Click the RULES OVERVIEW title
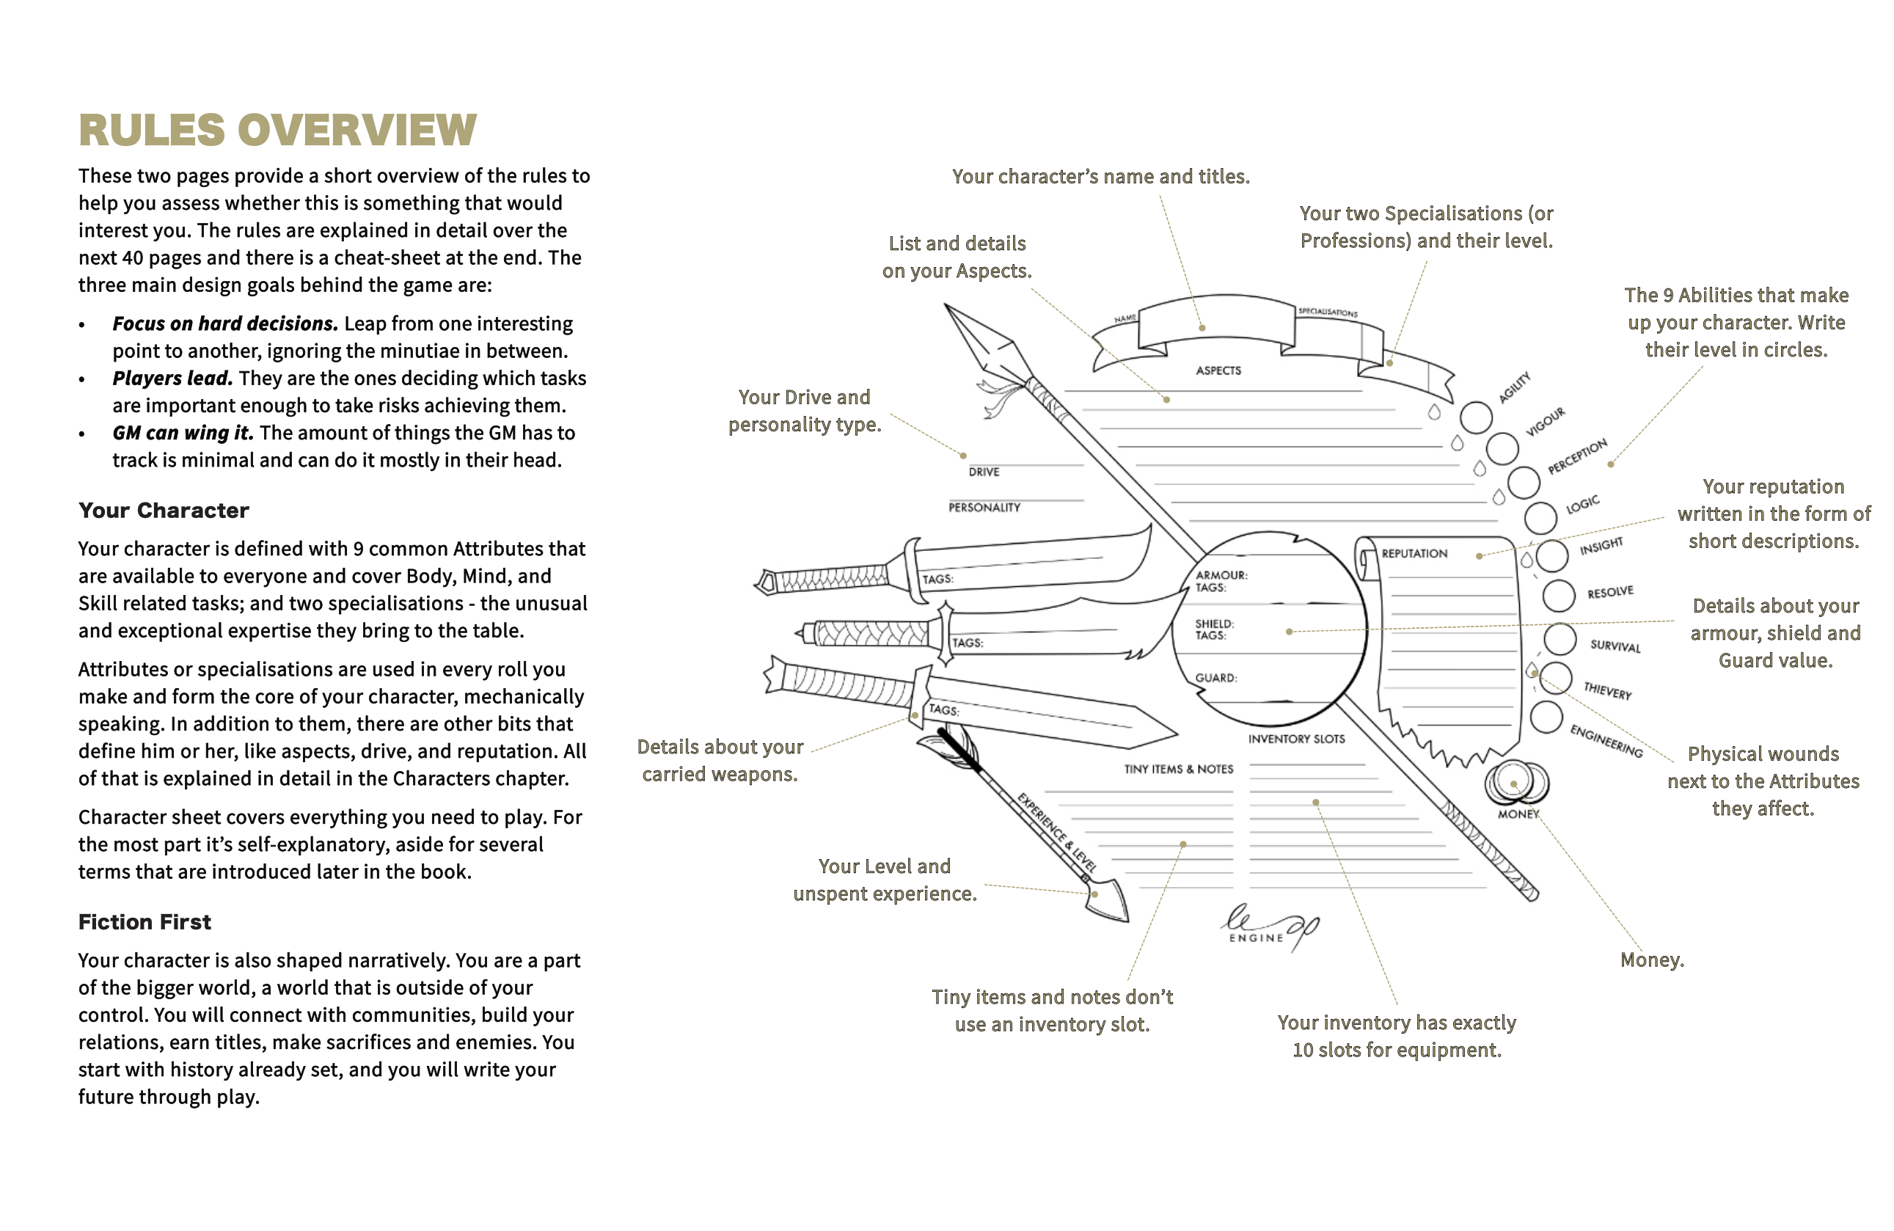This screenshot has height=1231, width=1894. [277, 130]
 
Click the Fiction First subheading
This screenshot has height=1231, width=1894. [144, 921]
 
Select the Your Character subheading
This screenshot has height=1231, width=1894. [163, 510]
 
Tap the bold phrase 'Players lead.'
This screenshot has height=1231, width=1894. [172, 378]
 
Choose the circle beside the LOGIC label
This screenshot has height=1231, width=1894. [1540, 518]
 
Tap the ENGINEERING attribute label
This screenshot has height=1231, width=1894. [1605, 741]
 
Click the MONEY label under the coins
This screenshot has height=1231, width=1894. [1518, 814]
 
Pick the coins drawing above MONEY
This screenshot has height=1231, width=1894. [1515, 782]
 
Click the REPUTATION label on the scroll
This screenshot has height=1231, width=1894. [1414, 554]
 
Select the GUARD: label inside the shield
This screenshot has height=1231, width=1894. [1215, 678]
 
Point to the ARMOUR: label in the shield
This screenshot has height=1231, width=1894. [1221, 574]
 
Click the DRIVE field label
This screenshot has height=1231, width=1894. [984, 472]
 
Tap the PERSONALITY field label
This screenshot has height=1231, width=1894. [984, 508]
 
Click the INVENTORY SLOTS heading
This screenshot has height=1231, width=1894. [1295, 739]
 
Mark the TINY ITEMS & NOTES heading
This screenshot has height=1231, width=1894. [1178, 770]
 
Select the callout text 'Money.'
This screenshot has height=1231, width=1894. [1651, 960]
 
